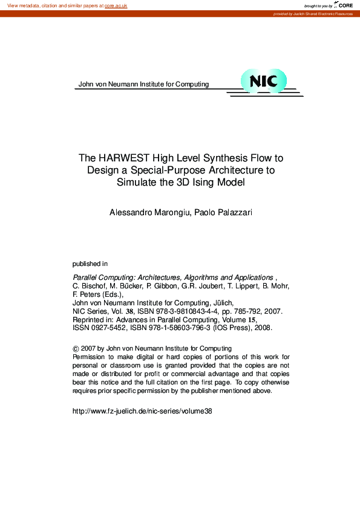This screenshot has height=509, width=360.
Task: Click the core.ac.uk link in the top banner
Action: tap(116, 5)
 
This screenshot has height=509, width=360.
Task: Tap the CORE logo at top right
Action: tap(344, 5)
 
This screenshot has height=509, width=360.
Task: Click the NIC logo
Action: tap(263, 81)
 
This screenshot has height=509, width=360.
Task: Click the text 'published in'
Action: tap(90, 264)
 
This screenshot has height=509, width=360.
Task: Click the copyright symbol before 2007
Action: tap(76, 349)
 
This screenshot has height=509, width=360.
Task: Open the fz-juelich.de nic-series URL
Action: tap(142, 411)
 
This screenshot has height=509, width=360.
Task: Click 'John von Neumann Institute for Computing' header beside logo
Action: tap(143, 84)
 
